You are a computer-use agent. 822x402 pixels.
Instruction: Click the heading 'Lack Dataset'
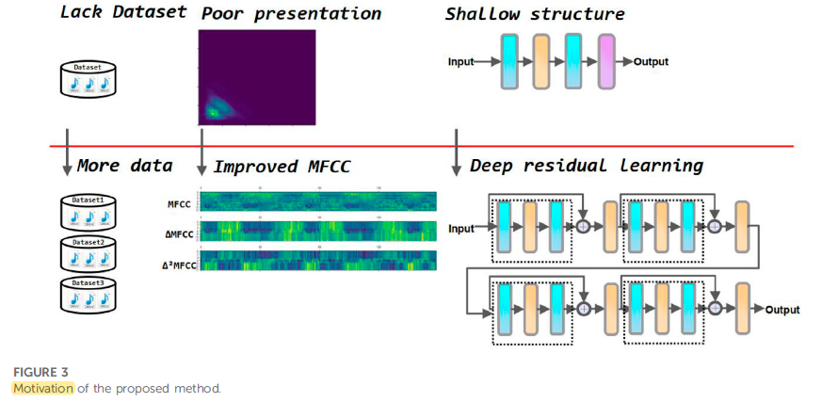[122, 13]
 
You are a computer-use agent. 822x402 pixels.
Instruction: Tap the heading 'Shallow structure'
[534, 14]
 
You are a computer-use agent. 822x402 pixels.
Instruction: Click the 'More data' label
[125, 166]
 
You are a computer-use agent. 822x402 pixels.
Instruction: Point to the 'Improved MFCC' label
[282, 167]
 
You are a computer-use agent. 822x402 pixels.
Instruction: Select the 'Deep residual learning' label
[587, 166]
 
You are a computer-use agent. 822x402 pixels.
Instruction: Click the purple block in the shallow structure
[604, 61]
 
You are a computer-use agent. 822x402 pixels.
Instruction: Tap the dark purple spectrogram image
[256, 77]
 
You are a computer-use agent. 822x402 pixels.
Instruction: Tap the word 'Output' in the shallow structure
[651, 62]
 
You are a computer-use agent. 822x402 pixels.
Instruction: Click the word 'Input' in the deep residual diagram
[461, 229]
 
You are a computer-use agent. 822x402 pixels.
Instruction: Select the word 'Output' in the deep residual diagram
[782, 310]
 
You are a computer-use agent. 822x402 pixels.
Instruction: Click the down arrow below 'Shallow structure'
[457, 151]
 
